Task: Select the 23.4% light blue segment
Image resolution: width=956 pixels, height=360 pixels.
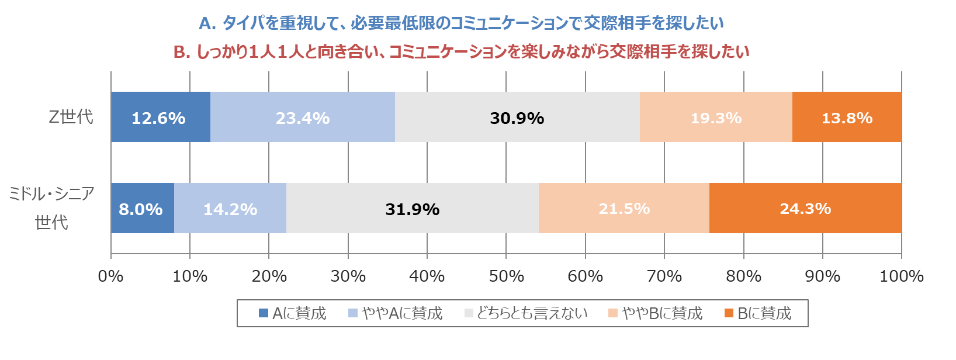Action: pos(302,117)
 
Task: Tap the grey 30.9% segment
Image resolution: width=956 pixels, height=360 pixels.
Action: pos(517,117)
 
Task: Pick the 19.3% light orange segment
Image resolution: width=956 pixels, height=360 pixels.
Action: pos(716,117)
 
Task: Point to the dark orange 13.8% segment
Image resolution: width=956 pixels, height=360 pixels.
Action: pos(847,117)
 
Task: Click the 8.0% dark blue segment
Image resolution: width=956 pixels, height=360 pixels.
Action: pos(142,208)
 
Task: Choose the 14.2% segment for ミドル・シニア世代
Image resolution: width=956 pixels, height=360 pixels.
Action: pos(230,208)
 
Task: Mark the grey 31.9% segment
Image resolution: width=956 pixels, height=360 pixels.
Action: pos(412,208)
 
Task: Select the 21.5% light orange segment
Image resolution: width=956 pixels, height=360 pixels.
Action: pos(624,208)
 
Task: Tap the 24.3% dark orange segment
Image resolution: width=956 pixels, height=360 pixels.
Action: pos(805,208)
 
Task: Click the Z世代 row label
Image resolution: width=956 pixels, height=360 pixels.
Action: pos(71,117)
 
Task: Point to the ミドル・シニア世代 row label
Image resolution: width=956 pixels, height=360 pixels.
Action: pos(51,207)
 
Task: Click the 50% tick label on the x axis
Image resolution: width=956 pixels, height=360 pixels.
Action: pos(506,276)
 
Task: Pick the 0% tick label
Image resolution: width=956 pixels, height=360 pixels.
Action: pos(110,276)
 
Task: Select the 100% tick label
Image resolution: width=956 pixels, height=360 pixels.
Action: pos(901,276)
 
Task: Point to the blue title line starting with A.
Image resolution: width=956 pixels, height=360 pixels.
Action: pos(461,23)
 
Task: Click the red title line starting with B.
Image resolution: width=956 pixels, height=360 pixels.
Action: pos(461,52)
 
